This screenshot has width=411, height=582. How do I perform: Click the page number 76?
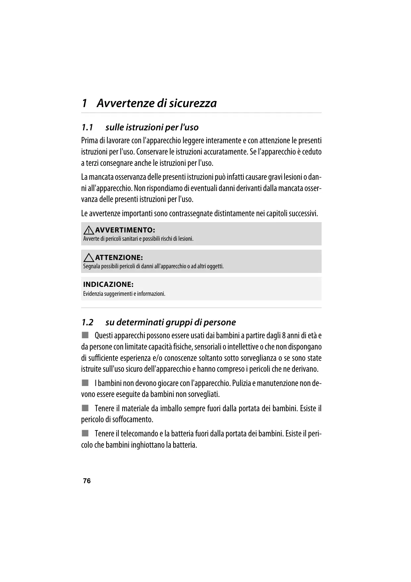[87, 481]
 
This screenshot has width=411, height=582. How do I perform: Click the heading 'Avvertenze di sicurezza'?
[157, 103]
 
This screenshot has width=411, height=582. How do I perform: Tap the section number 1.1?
[87, 127]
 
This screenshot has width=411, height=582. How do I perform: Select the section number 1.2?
[87, 322]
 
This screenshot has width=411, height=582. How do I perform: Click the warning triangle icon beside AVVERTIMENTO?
[88, 230]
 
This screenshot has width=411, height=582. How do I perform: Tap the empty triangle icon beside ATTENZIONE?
[88, 257]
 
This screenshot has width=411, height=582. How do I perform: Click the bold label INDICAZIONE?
[108, 285]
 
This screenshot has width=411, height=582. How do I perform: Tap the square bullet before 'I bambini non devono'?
[86, 383]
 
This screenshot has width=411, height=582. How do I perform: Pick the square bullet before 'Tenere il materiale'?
[86, 408]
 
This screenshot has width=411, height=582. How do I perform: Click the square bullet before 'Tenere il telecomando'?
[86, 433]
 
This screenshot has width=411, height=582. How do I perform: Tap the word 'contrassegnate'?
[191, 213]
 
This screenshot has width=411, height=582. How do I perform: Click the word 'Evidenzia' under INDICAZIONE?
[93, 294]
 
